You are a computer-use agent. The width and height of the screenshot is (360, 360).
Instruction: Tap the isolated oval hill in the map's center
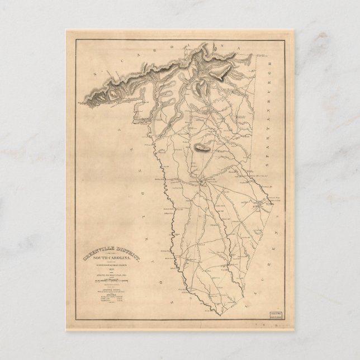point(202,148)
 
